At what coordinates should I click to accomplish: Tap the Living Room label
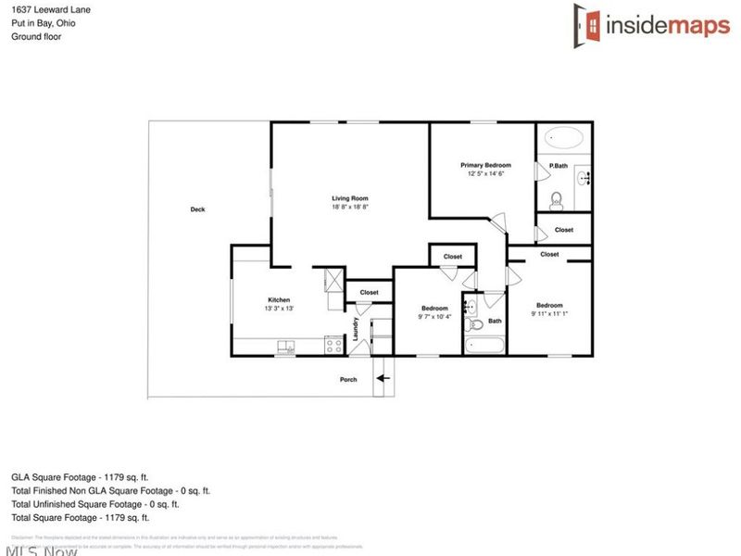coord(351,198)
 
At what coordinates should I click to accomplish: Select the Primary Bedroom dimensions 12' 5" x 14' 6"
coord(486,173)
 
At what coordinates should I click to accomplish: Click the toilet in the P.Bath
coord(557,198)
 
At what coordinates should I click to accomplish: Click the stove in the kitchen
coord(331,347)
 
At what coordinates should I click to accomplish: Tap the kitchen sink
coord(286,347)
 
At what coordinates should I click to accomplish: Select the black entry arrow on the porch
coord(383,378)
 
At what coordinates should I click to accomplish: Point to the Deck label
coord(197,209)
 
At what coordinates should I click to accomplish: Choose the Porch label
coord(348,379)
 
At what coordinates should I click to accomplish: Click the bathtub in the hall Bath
coord(484,346)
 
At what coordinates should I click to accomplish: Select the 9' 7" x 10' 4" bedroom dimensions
coord(434,317)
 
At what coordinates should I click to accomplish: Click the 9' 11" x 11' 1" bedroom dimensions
coord(549,313)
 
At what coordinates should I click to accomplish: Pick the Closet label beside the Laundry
coord(369,293)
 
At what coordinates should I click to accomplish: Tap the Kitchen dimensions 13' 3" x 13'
coord(279,309)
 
